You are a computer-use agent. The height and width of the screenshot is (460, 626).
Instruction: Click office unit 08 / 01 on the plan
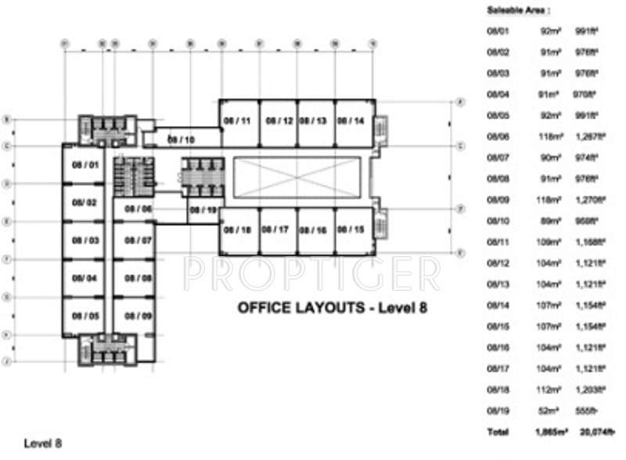(x=84, y=165)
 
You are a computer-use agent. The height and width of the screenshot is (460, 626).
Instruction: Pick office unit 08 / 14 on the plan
(x=351, y=121)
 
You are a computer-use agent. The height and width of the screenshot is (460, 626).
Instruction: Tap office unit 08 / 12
(x=279, y=121)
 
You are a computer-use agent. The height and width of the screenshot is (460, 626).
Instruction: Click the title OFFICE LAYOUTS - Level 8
(x=333, y=308)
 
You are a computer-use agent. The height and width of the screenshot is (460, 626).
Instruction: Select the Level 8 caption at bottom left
(x=42, y=444)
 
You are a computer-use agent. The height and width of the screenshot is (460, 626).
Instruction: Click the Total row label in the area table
(x=497, y=432)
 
